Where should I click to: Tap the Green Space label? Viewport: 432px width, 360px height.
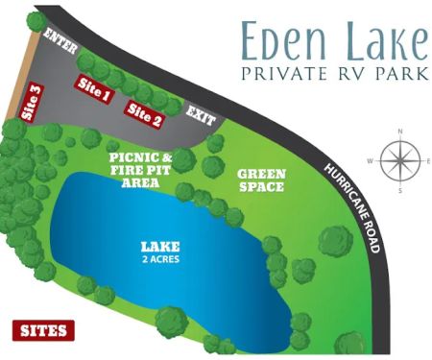260,180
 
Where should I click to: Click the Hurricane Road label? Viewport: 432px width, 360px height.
353,207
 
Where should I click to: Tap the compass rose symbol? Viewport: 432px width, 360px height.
398,159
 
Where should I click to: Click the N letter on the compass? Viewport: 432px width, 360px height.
398,131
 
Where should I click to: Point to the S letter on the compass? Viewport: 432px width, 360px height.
398,189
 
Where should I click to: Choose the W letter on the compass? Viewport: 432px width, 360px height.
370,160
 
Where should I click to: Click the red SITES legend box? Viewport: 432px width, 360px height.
41,330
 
